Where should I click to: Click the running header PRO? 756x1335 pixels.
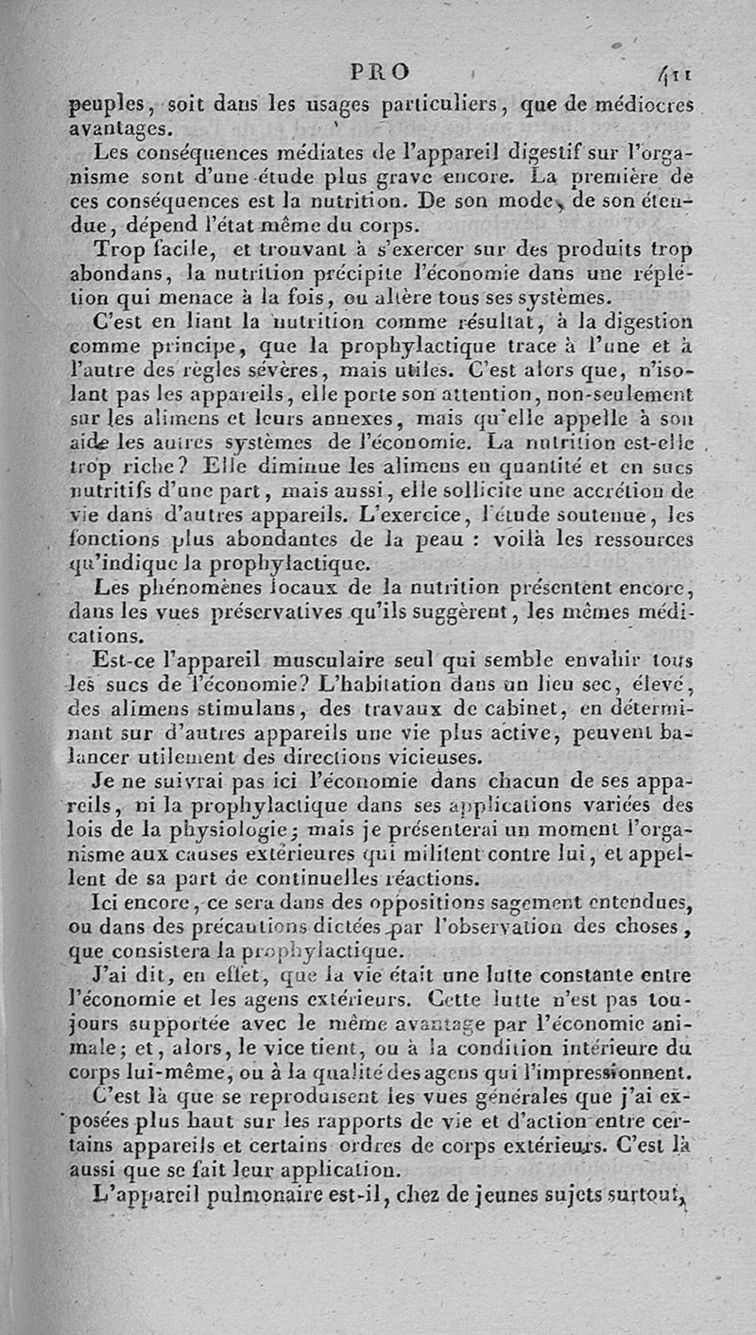point(380,72)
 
